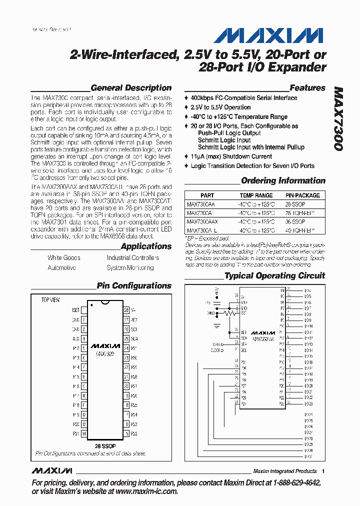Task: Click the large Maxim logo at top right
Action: [269, 35]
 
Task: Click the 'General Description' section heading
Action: [131, 88]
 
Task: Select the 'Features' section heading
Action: [307, 88]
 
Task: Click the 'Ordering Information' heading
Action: [283, 181]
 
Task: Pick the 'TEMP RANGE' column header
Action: [256, 195]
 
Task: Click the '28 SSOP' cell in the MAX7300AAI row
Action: [295, 204]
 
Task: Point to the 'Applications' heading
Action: [146, 246]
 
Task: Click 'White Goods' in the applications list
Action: [64, 258]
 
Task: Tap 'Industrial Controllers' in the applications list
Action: [133, 258]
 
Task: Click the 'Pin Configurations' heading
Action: [134, 286]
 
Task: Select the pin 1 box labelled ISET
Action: [84, 310]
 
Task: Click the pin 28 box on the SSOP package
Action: [126, 310]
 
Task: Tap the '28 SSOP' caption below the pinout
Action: [105, 445]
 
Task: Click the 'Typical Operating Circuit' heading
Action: [274, 276]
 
